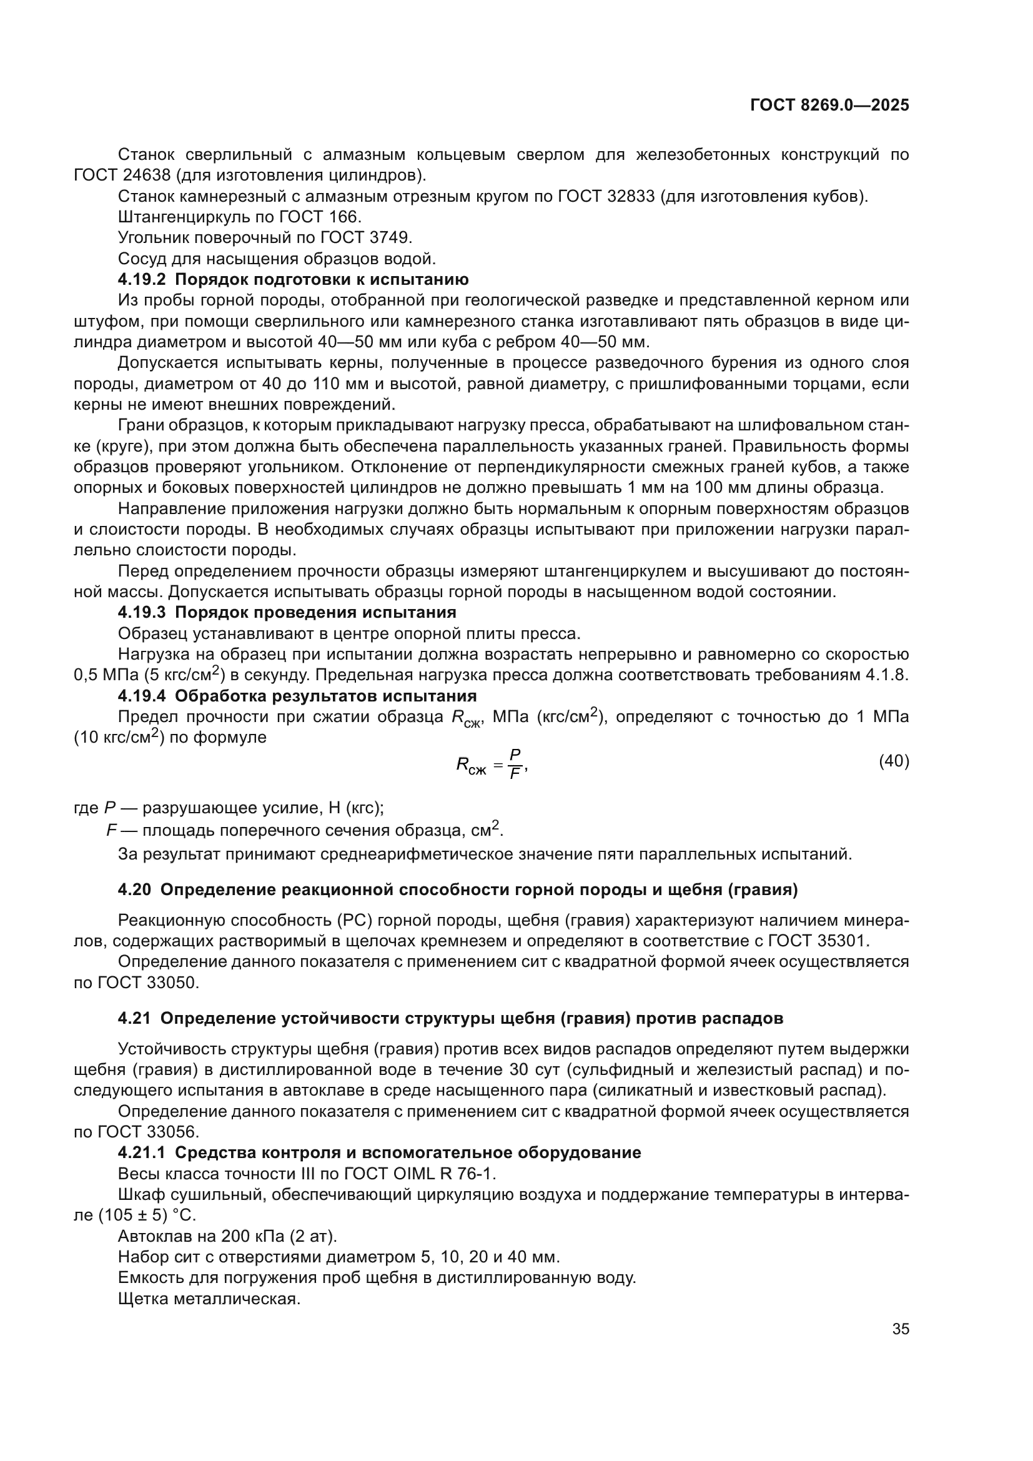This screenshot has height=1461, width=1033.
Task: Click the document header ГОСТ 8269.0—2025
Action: pos(829,106)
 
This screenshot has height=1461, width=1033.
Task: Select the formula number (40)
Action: pos(893,761)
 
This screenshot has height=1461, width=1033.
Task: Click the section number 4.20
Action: pos(134,889)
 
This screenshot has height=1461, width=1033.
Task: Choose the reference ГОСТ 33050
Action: pos(148,983)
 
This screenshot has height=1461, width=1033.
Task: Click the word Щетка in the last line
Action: pos(141,1299)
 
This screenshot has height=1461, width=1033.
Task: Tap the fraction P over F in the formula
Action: pos(515,763)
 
